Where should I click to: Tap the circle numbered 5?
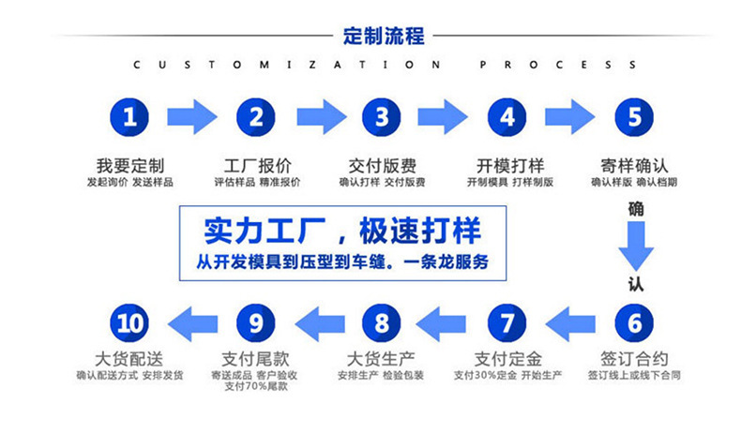634,117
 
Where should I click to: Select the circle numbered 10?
130,324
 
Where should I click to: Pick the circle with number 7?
507,324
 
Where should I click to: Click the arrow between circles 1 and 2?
192,117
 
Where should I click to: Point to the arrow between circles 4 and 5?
570,117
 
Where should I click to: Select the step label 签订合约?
634,359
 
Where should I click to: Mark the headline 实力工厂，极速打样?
342,231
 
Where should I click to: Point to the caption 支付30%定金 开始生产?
507,376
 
